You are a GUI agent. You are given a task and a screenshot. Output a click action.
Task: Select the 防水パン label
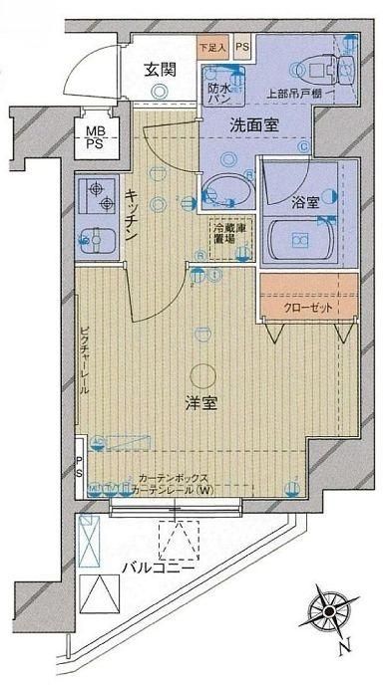click(x=219, y=92)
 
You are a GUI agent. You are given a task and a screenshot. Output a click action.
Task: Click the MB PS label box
click(x=93, y=136)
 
